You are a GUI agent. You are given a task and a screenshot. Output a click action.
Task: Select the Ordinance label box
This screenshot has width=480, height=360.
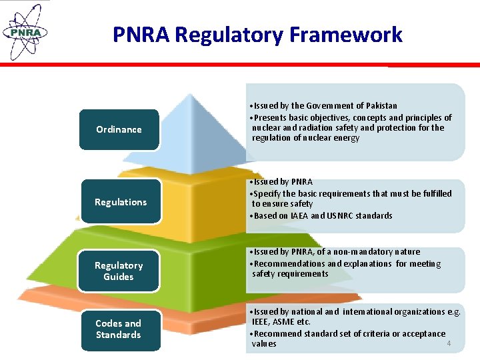(x=119, y=129)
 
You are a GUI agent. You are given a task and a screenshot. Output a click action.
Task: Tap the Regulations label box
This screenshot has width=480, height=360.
(x=121, y=201)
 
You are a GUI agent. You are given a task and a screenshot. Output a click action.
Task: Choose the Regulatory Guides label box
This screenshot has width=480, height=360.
(x=119, y=271)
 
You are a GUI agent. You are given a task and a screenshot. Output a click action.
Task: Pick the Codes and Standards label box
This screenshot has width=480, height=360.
(x=119, y=329)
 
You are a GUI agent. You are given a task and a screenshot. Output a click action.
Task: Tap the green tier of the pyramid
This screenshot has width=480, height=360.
(x=200, y=267)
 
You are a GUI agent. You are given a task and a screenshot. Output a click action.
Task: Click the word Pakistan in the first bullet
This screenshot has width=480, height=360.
(x=382, y=105)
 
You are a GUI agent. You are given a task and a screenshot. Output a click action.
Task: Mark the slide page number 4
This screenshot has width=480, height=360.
(x=449, y=343)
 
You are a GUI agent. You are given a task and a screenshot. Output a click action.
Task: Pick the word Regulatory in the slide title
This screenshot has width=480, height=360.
(x=221, y=34)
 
